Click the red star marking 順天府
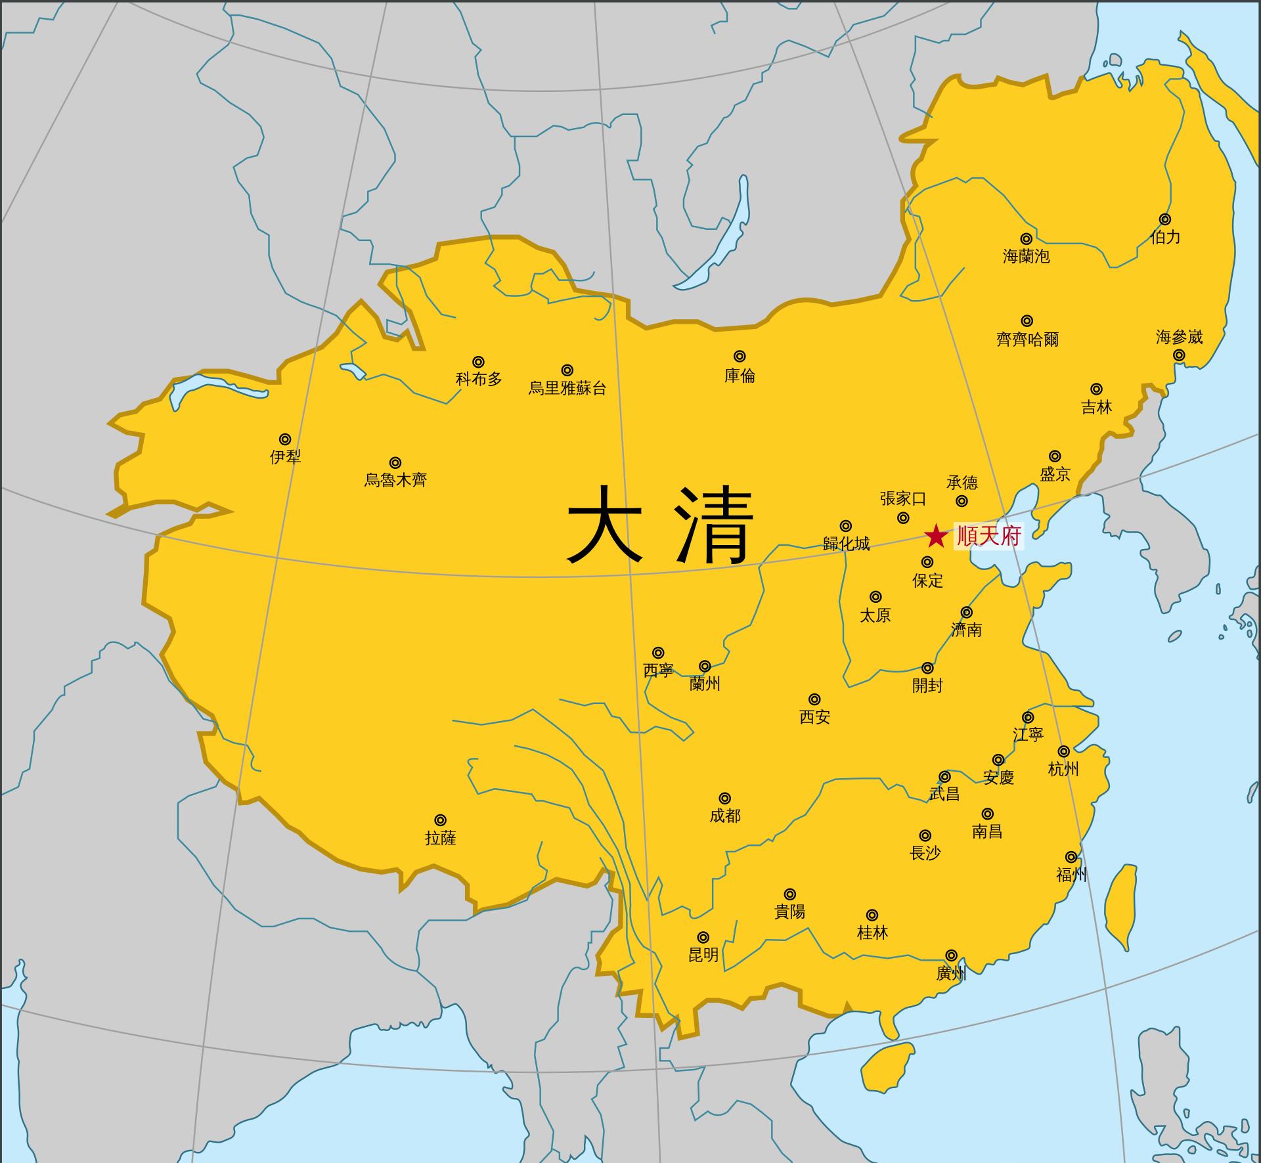click(935, 537)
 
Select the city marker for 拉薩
click(441, 820)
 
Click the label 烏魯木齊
click(395, 481)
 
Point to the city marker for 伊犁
click(285, 439)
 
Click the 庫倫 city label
click(740, 376)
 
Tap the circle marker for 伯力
click(1165, 219)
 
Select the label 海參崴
click(1179, 338)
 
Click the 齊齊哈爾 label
click(1027, 340)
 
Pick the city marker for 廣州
click(951, 955)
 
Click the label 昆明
click(703, 955)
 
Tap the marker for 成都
click(724, 799)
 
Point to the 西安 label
click(814, 717)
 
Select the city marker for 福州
click(1071, 857)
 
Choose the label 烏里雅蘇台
click(567, 389)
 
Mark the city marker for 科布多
click(479, 362)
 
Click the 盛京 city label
click(1055, 474)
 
